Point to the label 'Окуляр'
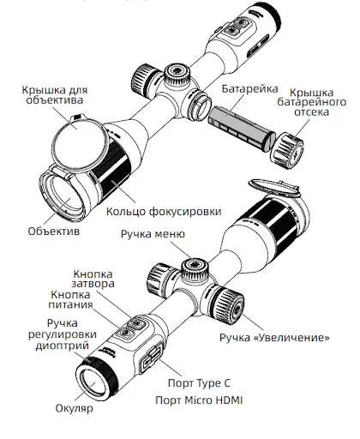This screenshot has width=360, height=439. pyautogui.click(x=73, y=408)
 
